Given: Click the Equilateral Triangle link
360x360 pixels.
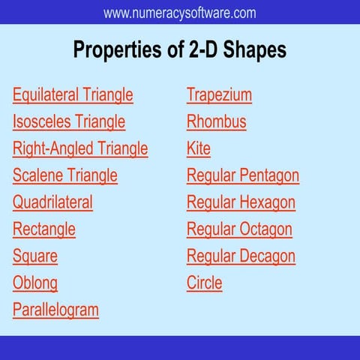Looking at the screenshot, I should click(73, 95).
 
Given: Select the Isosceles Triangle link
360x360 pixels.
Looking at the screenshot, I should click(69, 121).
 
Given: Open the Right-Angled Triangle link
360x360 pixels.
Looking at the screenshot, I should click(80, 148).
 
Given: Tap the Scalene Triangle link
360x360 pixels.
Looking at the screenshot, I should click(65, 175).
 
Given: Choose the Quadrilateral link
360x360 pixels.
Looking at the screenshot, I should click(52, 202).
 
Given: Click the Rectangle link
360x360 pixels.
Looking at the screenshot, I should click(44, 229).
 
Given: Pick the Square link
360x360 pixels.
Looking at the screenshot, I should click(35, 256).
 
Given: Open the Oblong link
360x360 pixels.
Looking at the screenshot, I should click(35, 283).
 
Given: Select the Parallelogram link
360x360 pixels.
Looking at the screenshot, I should click(55, 310).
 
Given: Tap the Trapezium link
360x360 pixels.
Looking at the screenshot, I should click(219, 95).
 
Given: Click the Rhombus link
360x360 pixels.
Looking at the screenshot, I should click(216, 121).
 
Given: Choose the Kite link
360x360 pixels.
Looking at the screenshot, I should click(199, 148).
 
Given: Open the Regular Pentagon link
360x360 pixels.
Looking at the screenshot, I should click(243, 175).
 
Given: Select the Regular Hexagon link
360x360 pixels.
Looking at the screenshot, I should click(241, 202).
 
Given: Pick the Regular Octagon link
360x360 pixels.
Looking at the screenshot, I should click(239, 229).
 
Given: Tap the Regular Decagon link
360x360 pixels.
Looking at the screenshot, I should click(241, 256).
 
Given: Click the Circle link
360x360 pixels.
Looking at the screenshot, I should click(205, 283).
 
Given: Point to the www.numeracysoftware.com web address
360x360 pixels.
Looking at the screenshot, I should click(180, 13).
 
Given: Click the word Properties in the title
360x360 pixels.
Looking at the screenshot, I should click(118, 50).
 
